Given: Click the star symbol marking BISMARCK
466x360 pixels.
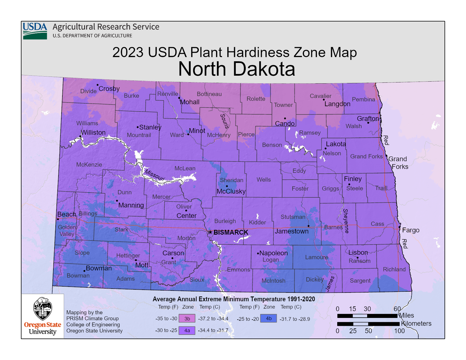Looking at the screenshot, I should (x=210, y=232).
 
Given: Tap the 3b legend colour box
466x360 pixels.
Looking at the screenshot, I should (x=187, y=318).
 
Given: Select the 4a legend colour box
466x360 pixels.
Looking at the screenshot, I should (x=187, y=330).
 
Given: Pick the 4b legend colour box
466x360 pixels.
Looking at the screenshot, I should (x=269, y=318).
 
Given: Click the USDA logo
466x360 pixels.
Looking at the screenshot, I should (x=35, y=31).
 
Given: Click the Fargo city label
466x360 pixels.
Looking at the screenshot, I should (x=411, y=230).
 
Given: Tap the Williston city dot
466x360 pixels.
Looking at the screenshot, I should (x=80, y=136).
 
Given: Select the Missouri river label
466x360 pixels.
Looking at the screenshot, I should (x=154, y=175).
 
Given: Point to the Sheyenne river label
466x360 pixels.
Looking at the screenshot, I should (x=346, y=221).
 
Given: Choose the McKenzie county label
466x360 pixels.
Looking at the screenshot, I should (x=89, y=165).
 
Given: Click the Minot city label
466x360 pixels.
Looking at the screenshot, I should (x=197, y=131).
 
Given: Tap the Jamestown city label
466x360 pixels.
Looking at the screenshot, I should (x=292, y=231).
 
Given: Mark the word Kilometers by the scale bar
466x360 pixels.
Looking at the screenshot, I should (x=416, y=324).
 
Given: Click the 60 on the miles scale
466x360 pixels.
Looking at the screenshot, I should (x=397, y=309).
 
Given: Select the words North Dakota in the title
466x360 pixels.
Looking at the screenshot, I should (x=237, y=69).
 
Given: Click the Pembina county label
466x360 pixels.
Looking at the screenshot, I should (x=363, y=99).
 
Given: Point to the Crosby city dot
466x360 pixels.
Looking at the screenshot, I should (x=98, y=85).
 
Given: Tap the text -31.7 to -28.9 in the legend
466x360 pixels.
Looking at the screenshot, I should (x=295, y=319).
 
